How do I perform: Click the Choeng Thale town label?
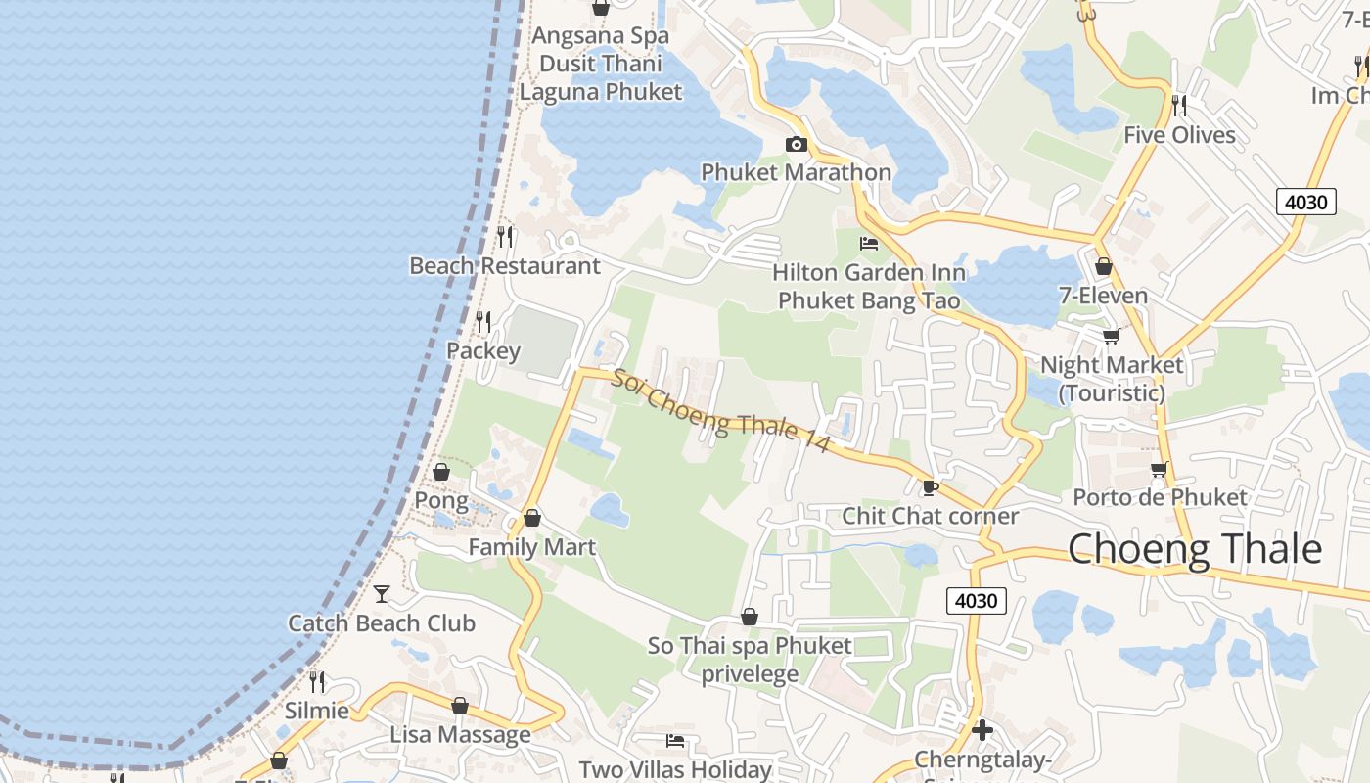pos(1194,549)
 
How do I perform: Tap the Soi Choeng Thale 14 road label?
pos(720,411)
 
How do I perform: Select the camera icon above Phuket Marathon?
pos(797,145)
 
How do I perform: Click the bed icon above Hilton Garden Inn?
pos(868,243)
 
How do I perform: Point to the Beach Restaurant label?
pos(505,266)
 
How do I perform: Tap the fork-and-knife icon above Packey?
pos(483,321)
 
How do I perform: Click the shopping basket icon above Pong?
pos(441,472)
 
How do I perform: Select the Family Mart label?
pos(531,547)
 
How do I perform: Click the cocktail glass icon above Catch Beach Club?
pos(382,593)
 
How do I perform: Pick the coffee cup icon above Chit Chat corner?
pos(930,486)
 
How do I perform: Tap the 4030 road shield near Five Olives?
pos(1305,203)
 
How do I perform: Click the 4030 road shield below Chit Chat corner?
pos(977,601)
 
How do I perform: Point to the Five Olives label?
pos(1179,135)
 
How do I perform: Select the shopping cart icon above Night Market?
pos(1111,337)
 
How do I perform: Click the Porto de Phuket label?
pos(1160,497)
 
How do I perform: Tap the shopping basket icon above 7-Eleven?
pos(1104,266)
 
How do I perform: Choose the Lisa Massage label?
pos(460,734)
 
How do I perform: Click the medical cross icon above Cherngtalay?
pos(982,730)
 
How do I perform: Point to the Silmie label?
pos(316,711)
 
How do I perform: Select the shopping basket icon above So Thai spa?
pos(750,617)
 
